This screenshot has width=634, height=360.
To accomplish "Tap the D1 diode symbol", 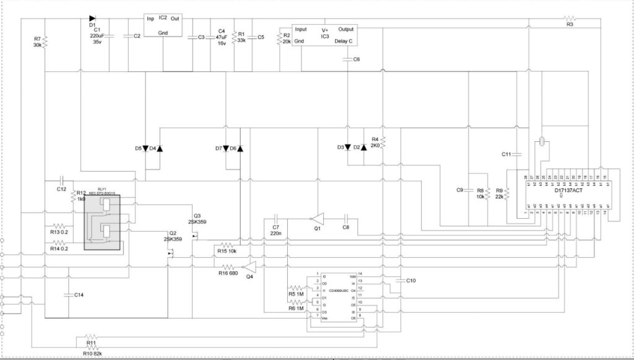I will click(92, 19).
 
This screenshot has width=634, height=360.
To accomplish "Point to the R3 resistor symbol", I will click(570, 19).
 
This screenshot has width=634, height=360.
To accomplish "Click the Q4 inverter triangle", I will click(250, 266).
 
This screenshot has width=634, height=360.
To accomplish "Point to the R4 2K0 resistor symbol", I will click(383, 143).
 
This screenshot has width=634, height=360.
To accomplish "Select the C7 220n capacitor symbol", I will click(276, 219).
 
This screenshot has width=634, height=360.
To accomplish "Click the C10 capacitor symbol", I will click(399, 281).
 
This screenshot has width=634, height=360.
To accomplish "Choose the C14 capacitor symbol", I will click(67, 295).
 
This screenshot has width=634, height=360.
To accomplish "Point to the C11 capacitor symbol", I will click(518, 154).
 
